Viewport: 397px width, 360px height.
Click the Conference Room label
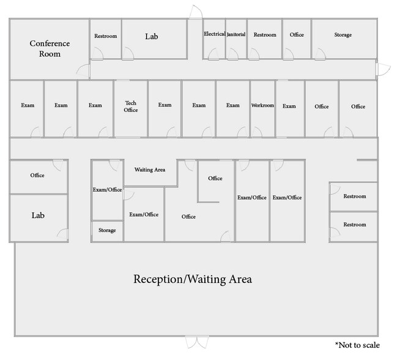coord(50,48)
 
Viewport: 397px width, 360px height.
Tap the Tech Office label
coord(131,107)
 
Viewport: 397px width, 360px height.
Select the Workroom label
coord(262,105)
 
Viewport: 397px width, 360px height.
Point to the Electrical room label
coord(215,34)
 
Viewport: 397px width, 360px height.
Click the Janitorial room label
coord(236,34)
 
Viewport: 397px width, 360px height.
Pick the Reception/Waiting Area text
coord(193,279)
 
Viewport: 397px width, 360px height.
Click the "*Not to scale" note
coord(357,345)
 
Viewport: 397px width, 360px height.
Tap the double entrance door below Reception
coord(197,342)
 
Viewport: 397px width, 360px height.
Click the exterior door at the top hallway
coord(196,12)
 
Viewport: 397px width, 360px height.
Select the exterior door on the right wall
coord(382,69)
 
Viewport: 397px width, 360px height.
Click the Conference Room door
coord(84,71)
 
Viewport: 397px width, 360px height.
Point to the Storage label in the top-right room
coord(343,35)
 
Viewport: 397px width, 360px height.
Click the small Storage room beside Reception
coord(107,230)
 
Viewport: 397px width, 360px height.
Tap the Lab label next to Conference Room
coord(152,37)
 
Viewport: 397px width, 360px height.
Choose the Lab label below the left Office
coord(38,216)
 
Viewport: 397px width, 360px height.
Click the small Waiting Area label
coord(150,170)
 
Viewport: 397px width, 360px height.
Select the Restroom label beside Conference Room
coord(106,36)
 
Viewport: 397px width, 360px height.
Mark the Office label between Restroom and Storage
coord(297,34)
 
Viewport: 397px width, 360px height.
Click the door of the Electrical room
coord(213,54)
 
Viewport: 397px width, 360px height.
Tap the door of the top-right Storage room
coord(321,54)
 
